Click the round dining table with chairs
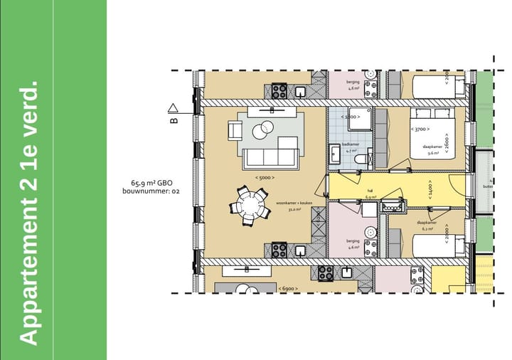[249, 206]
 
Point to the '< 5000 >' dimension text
[265, 177]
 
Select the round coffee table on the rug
[262, 129]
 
